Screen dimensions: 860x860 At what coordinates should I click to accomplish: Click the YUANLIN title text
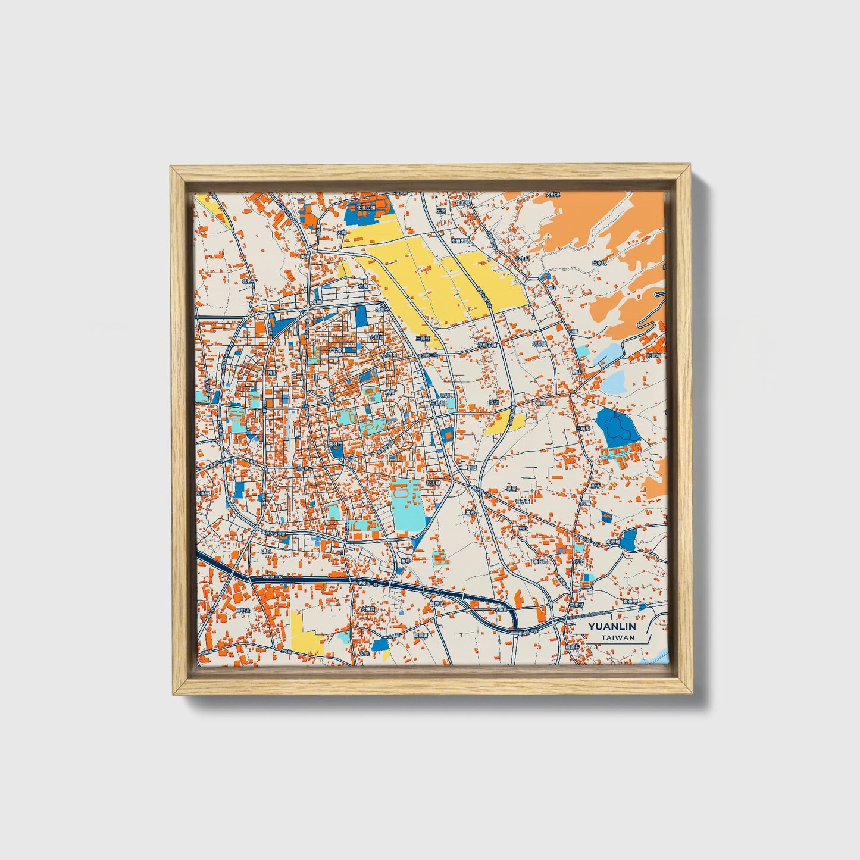[612, 627]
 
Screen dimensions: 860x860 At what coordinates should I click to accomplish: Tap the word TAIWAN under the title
[617, 637]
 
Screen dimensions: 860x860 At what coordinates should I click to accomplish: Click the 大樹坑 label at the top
[553, 195]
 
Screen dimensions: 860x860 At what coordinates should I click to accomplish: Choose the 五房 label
[441, 210]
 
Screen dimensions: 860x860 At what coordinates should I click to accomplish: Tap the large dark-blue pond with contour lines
[618, 426]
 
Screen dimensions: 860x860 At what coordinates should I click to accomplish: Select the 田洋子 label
[436, 604]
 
